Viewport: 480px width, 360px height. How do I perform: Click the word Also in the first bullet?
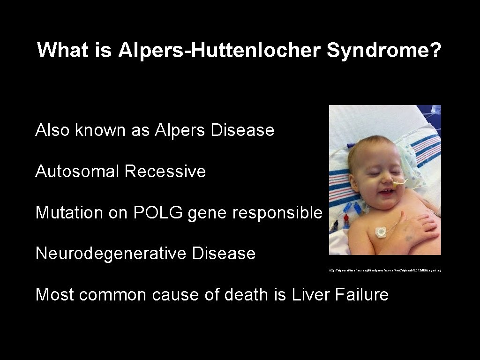tap(53, 130)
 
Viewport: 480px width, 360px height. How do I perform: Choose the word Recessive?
tap(165, 171)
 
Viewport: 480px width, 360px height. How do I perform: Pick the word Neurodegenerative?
tap(110, 254)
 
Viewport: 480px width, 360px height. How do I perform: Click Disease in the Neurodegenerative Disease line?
tap(224, 254)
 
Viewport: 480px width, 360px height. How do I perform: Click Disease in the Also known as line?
tap(242, 130)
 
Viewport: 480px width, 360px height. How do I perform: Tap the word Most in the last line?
tap(55, 295)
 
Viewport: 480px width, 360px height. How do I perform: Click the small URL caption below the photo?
tap(385, 270)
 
